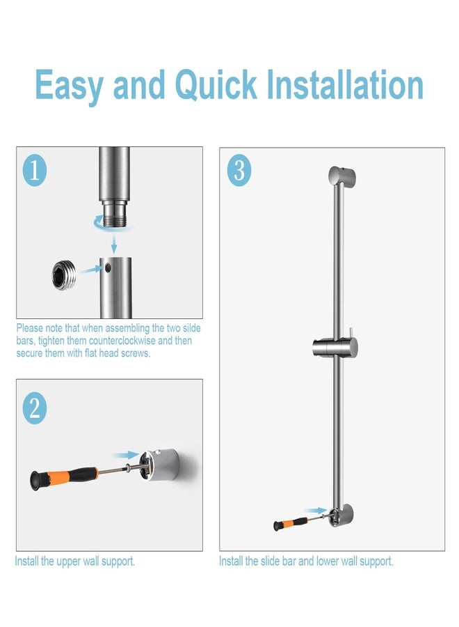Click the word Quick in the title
pyautogui.click(x=216, y=85)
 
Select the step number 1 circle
pyautogui.click(x=35, y=171)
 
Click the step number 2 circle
pyautogui.click(x=35, y=408)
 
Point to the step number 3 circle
pyautogui.click(x=239, y=171)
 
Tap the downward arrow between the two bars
pyautogui.click(x=114, y=244)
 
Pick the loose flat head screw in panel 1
pyautogui.click(x=63, y=274)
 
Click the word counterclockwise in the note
pyautogui.click(x=122, y=341)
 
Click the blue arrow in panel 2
pyautogui.click(x=126, y=455)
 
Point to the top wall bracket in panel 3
pyautogui.click(x=342, y=176)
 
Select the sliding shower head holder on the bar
pyautogui.click(x=335, y=346)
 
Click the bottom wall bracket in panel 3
pyautogui.click(x=341, y=515)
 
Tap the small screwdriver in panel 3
pyautogui.click(x=299, y=522)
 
